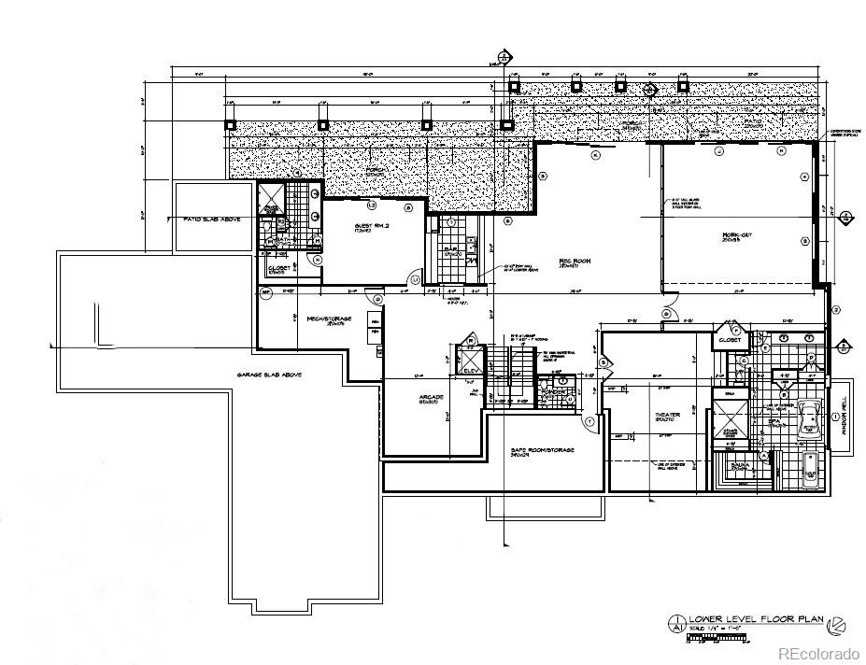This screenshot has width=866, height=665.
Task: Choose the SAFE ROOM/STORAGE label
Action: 542,450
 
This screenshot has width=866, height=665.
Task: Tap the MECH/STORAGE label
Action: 329,319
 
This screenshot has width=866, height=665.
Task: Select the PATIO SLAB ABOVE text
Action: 205,218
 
